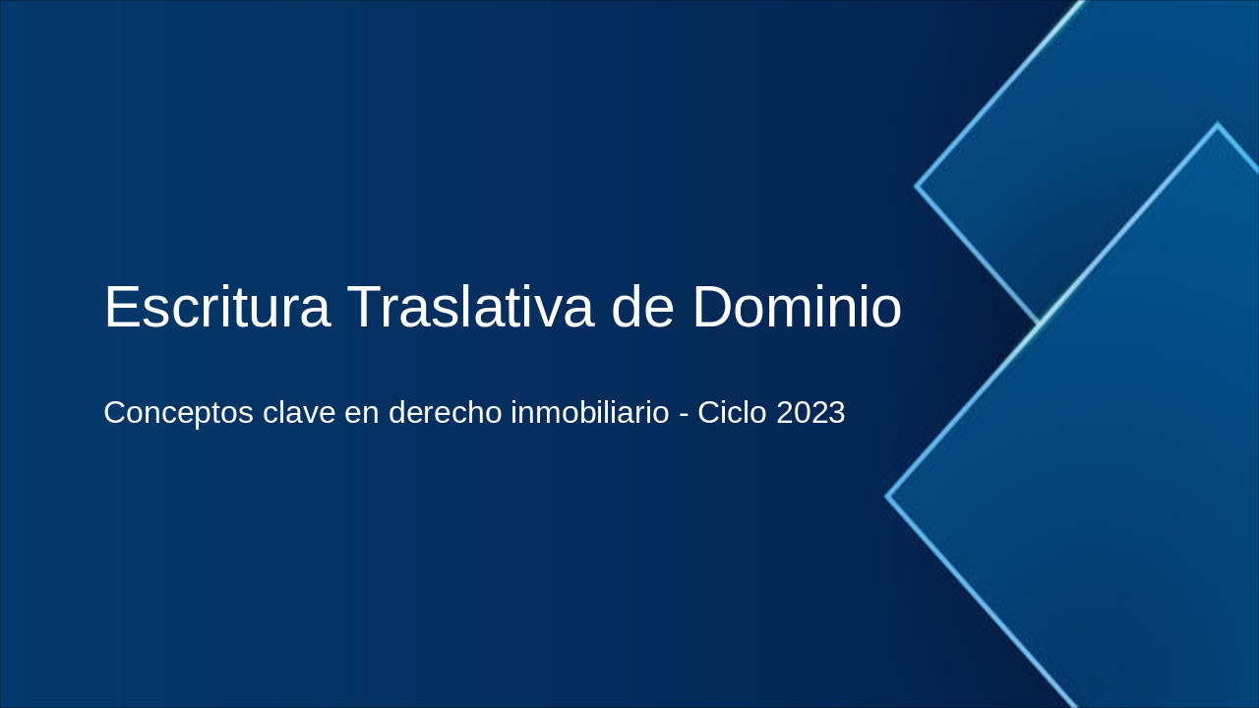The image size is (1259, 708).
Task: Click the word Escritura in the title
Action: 216,307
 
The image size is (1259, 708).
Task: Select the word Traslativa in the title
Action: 470,307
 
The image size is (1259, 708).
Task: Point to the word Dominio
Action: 797,307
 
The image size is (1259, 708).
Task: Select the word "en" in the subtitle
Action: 359,413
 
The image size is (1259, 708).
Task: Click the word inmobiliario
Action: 589,413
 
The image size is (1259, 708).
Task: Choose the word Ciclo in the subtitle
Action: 733,413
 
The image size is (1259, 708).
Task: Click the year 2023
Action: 810,413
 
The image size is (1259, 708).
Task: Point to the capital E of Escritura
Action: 122,307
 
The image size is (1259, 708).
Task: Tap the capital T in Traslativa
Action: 364,307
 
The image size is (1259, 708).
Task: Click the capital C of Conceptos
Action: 116,413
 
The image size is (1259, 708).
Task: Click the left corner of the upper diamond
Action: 917,185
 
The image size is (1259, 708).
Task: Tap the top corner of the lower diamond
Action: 1217,125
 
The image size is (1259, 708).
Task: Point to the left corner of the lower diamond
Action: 887,497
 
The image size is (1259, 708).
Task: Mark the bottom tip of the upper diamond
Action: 1039,322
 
